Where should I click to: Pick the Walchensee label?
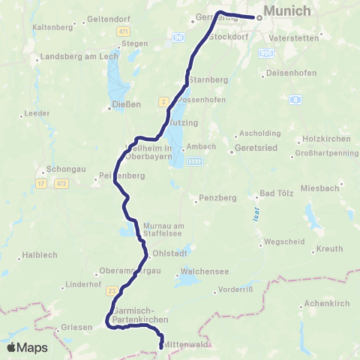[198, 274]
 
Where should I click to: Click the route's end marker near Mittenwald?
[161, 346]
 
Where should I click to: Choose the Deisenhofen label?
[291, 75]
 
